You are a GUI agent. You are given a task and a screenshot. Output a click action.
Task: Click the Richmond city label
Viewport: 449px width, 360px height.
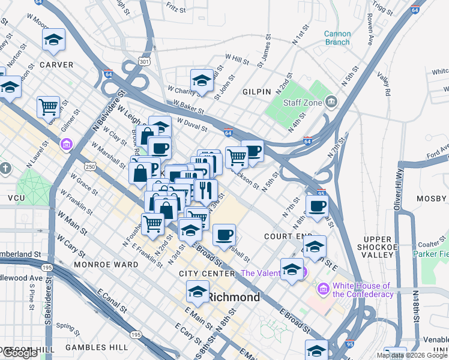click(x=234, y=297)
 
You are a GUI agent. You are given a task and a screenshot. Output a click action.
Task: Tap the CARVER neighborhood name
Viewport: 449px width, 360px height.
click(x=56, y=65)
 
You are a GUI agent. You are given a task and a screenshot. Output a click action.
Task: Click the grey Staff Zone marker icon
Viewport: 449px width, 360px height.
click(x=331, y=103)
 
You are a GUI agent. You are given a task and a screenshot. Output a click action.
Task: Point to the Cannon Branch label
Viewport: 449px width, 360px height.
click(x=337, y=38)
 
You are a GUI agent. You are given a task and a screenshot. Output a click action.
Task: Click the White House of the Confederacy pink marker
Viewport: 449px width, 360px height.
click(x=324, y=290)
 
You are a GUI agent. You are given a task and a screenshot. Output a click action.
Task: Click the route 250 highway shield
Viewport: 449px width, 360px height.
click(x=91, y=166)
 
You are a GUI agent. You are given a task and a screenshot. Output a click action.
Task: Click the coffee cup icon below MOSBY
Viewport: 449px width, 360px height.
click(x=317, y=206)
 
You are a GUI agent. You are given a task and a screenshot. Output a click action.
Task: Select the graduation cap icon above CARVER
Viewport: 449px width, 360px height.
click(x=54, y=40)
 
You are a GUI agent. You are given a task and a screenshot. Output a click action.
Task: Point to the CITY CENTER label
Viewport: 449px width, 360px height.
click(x=207, y=274)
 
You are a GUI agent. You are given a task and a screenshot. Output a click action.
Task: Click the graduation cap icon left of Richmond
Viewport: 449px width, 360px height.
click(x=196, y=293)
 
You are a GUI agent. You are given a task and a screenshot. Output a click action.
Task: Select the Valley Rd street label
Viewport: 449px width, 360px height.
click(x=384, y=84)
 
